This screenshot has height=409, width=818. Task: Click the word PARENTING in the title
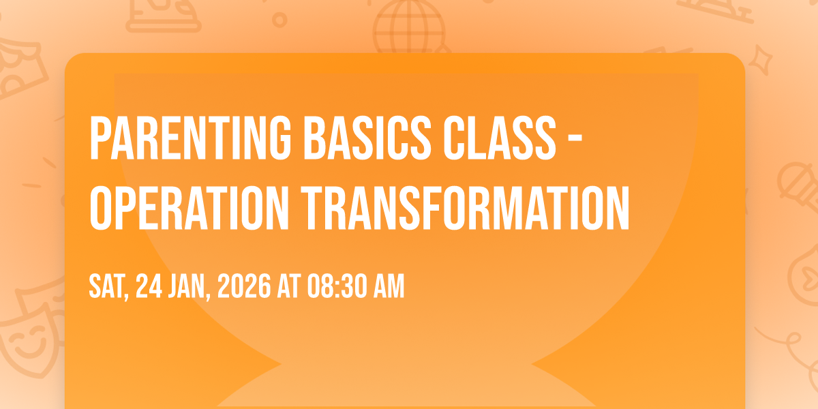point(190,138)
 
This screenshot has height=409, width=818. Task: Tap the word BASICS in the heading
point(367,138)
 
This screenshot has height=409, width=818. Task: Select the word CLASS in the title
point(500,138)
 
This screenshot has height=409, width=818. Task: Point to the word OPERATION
point(190,208)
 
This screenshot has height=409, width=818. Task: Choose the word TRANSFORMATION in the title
point(466,208)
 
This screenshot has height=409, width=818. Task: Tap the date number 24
point(149,286)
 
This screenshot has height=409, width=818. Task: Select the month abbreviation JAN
point(190,286)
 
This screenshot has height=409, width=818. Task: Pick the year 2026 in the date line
point(244,286)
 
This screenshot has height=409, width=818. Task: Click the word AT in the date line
point(289,286)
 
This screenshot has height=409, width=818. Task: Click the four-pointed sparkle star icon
point(760,59)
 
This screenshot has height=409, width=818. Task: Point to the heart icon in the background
point(809,277)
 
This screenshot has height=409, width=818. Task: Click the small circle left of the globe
point(279,20)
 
